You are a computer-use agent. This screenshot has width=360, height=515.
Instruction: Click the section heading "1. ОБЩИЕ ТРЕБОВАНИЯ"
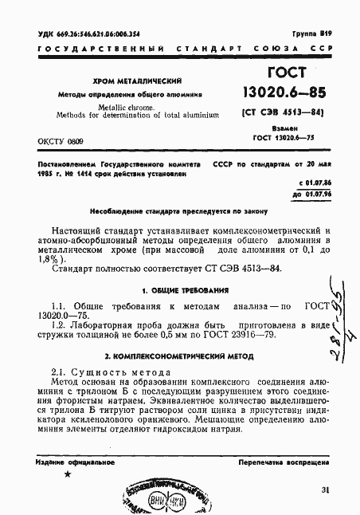pyautogui.click(x=185, y=289)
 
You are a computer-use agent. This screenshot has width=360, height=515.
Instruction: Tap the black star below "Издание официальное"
pyautogui.click(x=67, y=474)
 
